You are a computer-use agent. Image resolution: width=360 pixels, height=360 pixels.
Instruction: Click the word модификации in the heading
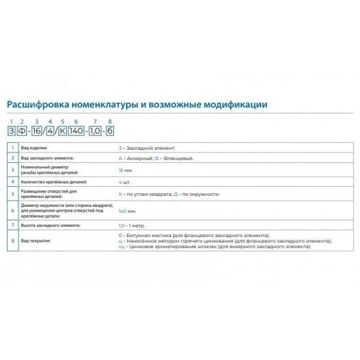(x=232, y=104)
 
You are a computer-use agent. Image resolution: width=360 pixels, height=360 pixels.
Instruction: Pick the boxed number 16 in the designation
(x=39, y=131)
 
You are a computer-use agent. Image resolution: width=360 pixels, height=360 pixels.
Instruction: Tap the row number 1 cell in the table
(x=12, y=148)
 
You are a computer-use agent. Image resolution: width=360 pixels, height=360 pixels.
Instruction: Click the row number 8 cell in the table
(x=12, y=240)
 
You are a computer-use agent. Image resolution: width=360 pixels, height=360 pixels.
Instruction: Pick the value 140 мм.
(x=127, y=211)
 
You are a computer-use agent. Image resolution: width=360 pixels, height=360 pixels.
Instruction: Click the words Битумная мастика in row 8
(x=146, y=236)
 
